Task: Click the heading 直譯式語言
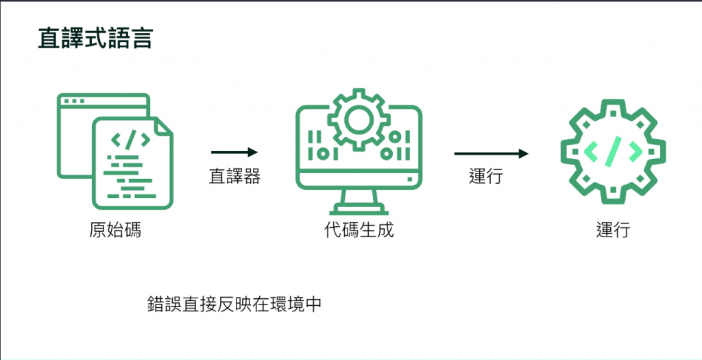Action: (95, 39)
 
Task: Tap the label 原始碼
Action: (115, 230)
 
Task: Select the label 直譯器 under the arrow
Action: (234, 176)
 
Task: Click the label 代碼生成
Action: (359, 230)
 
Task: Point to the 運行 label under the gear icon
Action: (613, 230)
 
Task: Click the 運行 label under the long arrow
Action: (486, 176)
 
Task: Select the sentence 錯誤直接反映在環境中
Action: (234, 304)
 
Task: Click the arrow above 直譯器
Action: (234, 152)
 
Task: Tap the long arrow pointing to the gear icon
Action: (492, 154)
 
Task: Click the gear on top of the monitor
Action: (359, 119)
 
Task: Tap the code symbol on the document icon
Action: (130, 140)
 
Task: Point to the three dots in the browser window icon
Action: (73, 101)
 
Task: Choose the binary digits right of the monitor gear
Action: (396, 145)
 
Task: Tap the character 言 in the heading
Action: (141, 39)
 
